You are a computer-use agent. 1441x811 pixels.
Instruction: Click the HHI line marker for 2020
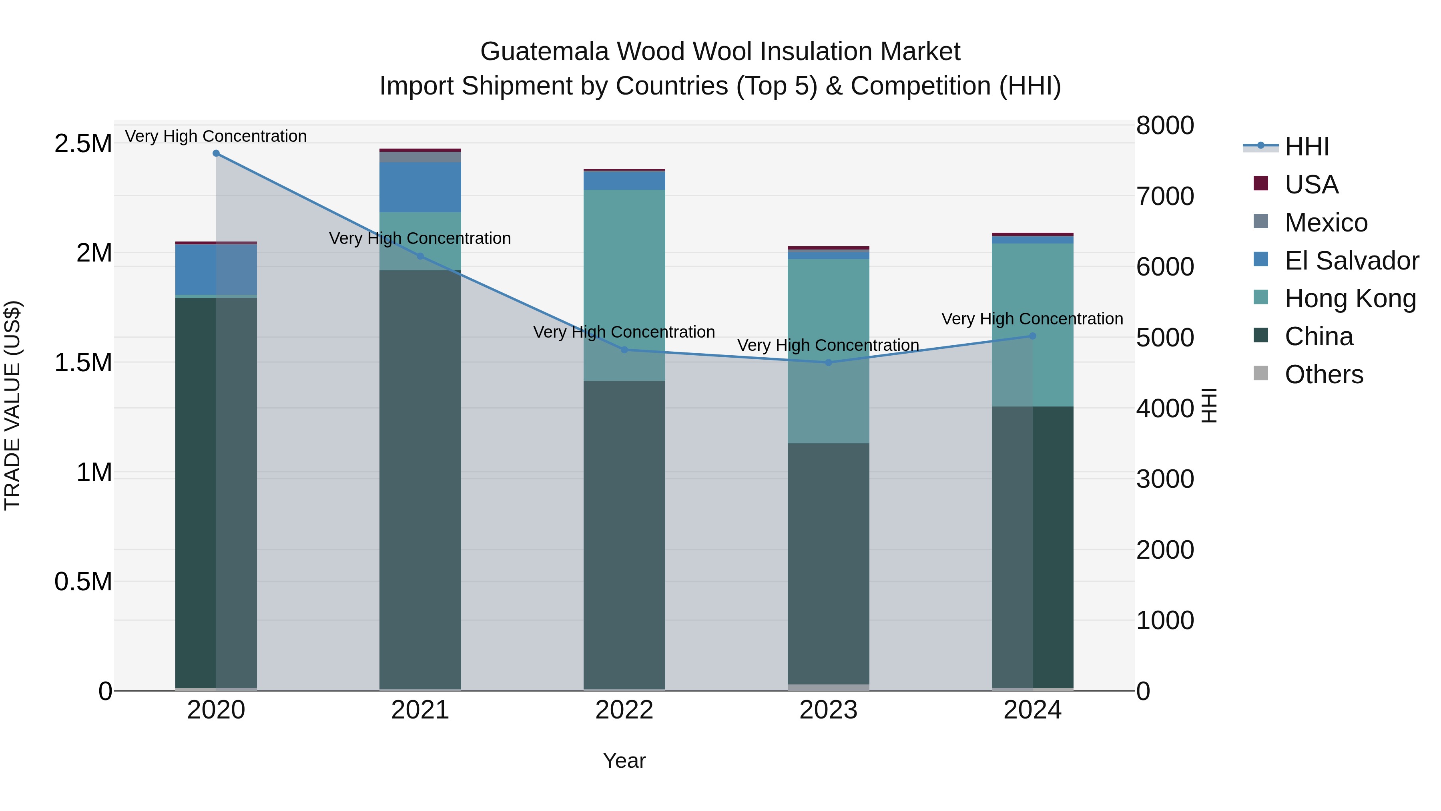click(x=216, y=153)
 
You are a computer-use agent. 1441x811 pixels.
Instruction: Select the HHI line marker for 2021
click(x=420, y=256)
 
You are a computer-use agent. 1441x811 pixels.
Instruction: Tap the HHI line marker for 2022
click(x=624, y=350)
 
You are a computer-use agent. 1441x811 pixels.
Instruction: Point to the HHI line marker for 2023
click(x=829, y=363)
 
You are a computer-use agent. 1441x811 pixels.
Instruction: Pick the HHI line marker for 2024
click(x=1033, y=336)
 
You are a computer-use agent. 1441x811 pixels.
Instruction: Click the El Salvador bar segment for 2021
click(x=420, y=187)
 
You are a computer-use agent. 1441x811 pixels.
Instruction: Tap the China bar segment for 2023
click(x=829, y=563)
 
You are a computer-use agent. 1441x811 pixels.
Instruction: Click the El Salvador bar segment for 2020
click(x=216, y=269)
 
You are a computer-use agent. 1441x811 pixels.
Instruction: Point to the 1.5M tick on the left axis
click(x=83, y=363)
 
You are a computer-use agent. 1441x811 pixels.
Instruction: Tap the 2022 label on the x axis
click(x=624, y=710)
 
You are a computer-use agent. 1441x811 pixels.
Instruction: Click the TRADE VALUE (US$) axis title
click(x=12, y=405)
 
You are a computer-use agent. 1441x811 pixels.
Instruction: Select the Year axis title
click(x=624, y=761)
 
